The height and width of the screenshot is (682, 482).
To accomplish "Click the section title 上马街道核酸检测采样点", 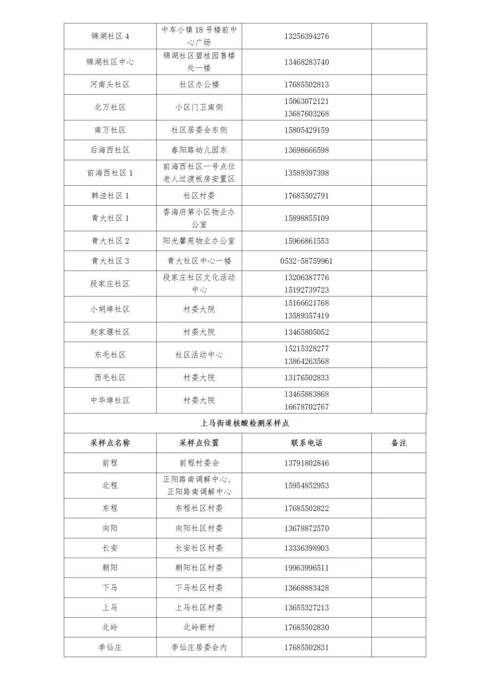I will click(x=245, y=423).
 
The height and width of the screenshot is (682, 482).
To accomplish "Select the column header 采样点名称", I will click(x=110, y=443).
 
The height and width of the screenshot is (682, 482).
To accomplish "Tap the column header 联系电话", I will click(x=307, y=443).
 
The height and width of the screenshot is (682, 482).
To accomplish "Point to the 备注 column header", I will click(x=399, y=443).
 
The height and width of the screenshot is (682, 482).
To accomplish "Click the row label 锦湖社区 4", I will click(x=110, y=36).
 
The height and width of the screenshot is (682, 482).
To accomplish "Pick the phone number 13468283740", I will click(x=307, y=62).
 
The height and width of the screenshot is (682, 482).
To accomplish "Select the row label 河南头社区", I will click(x=110, y=84).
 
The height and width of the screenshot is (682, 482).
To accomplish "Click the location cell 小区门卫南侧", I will click(x=199, y=107).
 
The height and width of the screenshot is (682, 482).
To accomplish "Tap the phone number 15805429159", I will click(x=307, y=130).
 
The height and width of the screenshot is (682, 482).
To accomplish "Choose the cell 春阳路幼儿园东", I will click(x=199, y=150).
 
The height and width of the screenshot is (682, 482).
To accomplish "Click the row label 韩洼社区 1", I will click(x=110, y=195).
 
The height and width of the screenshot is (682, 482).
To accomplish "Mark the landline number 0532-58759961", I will click(x=307, y=261).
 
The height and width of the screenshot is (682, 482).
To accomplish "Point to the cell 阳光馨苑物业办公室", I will click(x=199, y=241).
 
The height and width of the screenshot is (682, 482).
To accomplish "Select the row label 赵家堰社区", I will click(x=110, y=332).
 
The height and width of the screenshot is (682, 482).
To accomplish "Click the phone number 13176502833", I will click(x=307, y=378).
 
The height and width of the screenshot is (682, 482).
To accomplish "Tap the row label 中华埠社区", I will click(x=110, y=400).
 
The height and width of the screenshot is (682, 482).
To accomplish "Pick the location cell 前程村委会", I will click(x=199, y=463).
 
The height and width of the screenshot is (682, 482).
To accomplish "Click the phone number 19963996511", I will click(x=307, y=568).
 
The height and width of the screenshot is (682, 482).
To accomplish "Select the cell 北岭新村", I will click(x=199, y=627).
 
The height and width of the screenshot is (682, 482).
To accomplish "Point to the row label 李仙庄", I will click(x=110, y=647).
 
